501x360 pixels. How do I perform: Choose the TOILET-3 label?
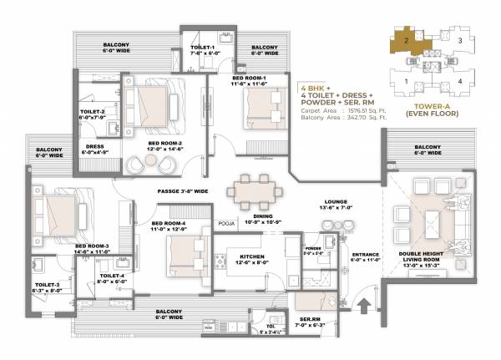(47, 286)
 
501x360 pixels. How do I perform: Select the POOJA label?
(227, 224)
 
